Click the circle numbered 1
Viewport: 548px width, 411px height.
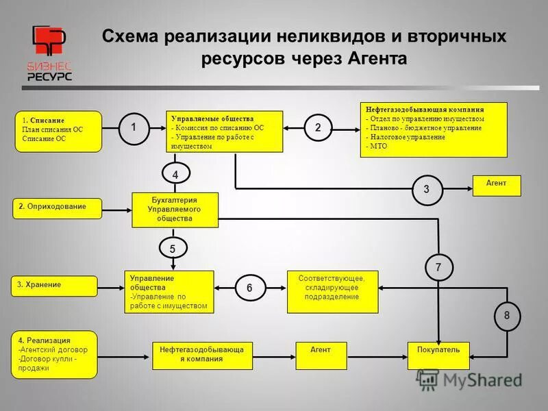click(x=134, y=127)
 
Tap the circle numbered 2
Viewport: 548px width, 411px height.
click(x=318, y=127)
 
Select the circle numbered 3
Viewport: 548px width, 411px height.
click(x=426, y=190)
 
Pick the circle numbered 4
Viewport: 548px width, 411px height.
click(x=175, y=175)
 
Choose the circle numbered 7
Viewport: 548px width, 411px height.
click(x=438, y=267)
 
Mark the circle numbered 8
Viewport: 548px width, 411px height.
click(x=507, y=315)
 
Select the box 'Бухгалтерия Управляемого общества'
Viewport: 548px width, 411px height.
click(x=175, y=210)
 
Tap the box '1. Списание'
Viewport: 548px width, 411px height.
click(x=58, y=131)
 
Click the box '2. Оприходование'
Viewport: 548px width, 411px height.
click(x=58, y=208)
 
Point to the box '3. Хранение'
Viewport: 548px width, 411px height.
click(x=55, y=286)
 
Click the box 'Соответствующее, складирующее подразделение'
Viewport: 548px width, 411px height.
click(x=332, y=291)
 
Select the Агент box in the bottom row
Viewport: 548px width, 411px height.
click(x=321, y=355)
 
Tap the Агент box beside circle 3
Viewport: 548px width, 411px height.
click(x=497, y=186)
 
